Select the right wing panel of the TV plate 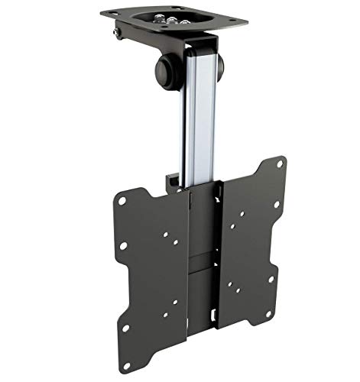pos(248,244)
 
